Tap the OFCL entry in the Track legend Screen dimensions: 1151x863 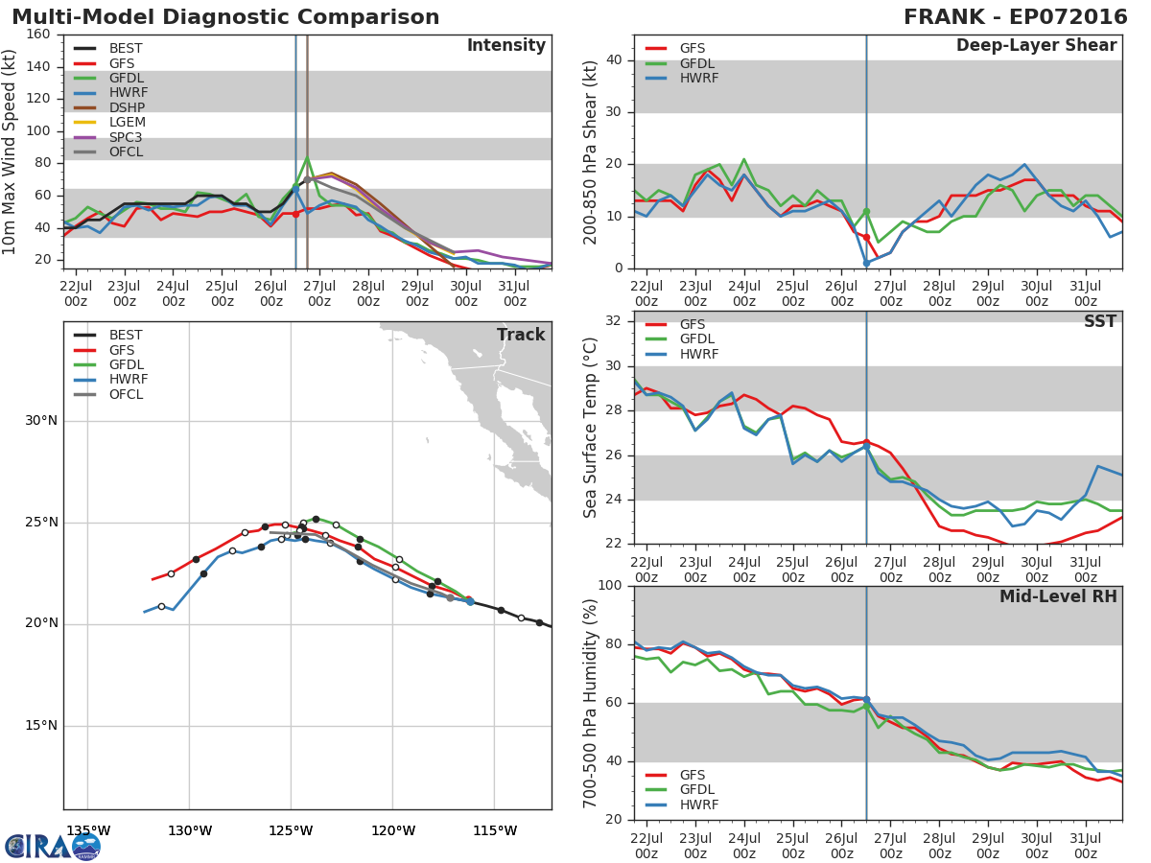(108, 394)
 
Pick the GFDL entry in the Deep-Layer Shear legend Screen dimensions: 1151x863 (680, 63)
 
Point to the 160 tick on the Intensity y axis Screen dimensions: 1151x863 (38, 35)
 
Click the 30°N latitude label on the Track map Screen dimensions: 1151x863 (41, 421)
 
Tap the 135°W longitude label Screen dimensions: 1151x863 (88, 830)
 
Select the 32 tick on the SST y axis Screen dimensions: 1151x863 (614, 320)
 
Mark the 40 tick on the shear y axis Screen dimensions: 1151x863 (614, 59)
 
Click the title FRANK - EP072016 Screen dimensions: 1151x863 (1015, 16)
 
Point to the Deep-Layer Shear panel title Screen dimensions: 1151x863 (1036, 45)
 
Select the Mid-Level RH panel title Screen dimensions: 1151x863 (1058, 596)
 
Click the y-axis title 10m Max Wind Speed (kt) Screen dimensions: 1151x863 (9, 152)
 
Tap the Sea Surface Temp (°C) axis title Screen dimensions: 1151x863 (589, 428)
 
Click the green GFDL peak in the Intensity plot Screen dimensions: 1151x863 (307, 157)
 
